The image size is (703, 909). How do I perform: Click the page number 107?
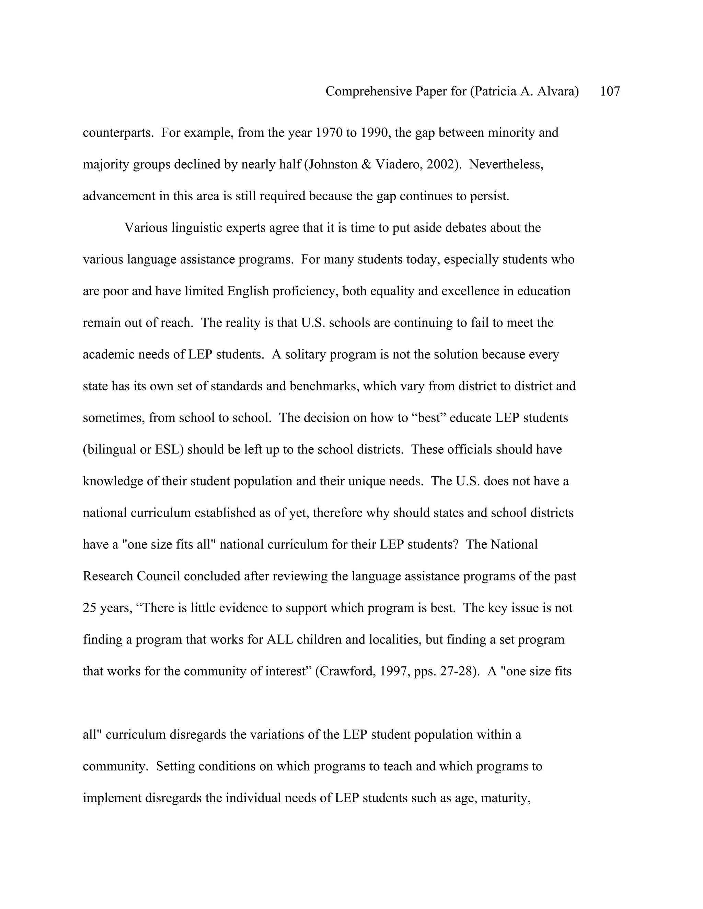pyautogui.click(x=610, y=91)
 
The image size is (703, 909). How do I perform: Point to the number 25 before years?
pyautogui.click(x=90, y=608)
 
